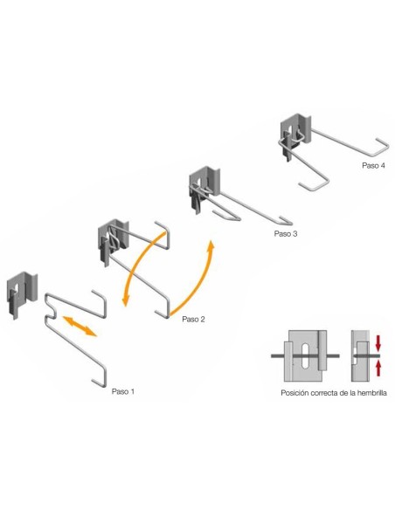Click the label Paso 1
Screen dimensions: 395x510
(122, 391)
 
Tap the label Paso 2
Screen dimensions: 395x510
(193, 319)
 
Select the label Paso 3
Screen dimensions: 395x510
(286, 233)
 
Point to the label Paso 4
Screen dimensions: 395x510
(373, 165)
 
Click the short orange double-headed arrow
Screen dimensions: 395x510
(80, 326)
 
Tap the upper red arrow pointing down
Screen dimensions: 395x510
(378, 343)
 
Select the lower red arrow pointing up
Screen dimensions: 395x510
(378, 369)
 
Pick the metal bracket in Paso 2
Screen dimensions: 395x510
(114, 243)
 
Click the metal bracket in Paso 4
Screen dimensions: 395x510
(295, 137)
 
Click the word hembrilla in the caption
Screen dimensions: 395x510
(372, 393)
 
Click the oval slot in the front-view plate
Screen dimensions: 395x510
(306, 355)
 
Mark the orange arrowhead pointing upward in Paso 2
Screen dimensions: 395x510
(211, 246)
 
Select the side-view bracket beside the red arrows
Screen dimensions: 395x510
(361, 355)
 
